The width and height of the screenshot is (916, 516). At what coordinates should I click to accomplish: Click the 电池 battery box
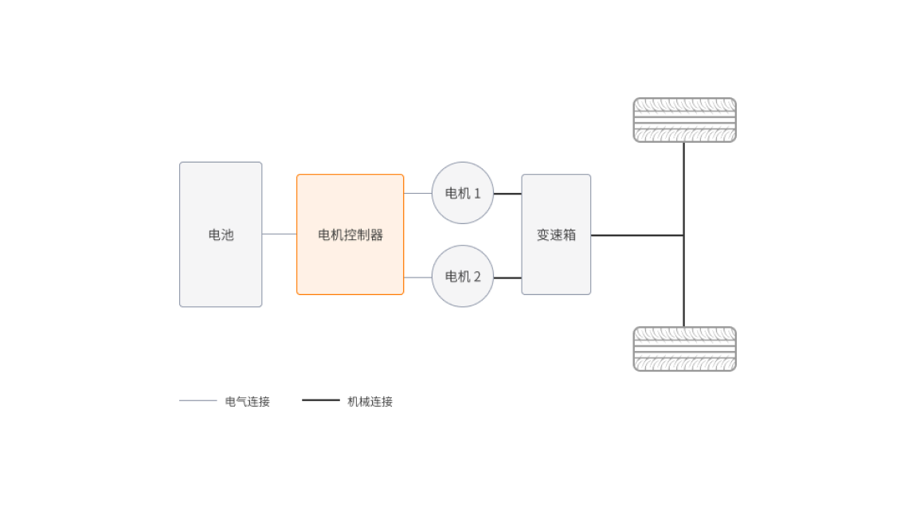[x=221, y=234]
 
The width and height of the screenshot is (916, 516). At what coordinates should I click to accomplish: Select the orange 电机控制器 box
[x=350, y=234]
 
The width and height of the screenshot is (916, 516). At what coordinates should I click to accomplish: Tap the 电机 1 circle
[x=462, y=193]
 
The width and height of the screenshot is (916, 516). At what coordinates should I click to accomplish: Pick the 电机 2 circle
[x=462, y=277]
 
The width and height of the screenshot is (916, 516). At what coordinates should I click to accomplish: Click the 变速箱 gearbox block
[x=556, y=234]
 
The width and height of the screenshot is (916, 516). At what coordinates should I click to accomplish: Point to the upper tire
[x=684, y=120]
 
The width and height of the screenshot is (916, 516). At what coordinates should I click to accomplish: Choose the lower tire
[x=684, y=349]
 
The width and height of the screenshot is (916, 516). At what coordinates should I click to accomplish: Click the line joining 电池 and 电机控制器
[x=280, y=234]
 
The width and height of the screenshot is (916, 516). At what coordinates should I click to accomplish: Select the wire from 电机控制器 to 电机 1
[x=417, y=193]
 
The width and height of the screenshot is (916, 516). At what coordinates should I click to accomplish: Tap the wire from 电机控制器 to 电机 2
[x=417, y=278]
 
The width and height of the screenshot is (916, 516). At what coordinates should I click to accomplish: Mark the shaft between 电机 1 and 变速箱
[x=507, y=194]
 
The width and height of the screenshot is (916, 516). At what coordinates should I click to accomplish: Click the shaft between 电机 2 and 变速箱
[x=507, y=278]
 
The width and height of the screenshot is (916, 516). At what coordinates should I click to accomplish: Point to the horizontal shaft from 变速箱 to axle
[x=637, y=235]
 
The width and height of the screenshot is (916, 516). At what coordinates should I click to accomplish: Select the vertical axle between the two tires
[x=683, y=279]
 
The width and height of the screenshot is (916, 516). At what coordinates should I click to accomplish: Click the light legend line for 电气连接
[x=198, y=400]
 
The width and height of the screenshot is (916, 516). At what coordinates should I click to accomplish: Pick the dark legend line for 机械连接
[x=321, y=400]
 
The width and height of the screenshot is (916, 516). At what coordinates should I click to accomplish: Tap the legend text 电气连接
[x=248, y=401]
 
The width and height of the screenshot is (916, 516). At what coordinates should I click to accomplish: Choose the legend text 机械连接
[x=370, y=401]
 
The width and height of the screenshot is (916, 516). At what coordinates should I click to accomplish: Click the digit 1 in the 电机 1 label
[x=477, y=193]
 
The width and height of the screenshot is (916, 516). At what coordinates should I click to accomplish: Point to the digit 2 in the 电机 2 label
[x=477, y=277]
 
